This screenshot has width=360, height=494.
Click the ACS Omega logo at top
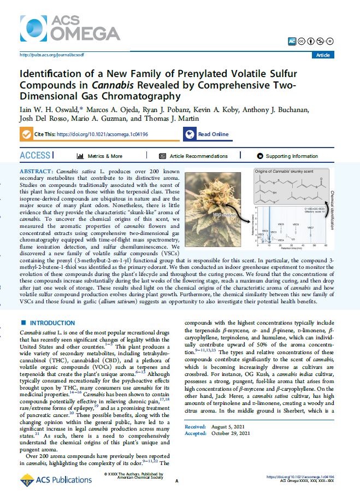tap(70, 27)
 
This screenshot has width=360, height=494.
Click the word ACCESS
tap(36, 156)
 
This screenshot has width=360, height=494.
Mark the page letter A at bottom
tap(176, 481)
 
